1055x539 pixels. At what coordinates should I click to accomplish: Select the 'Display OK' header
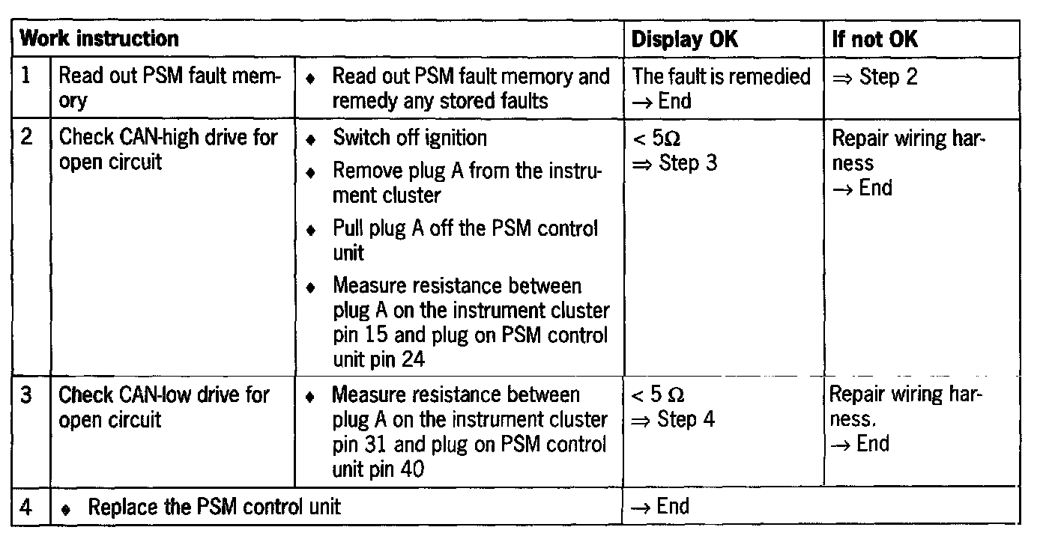coord(684,40)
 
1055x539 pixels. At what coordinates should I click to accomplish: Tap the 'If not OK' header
coord(874,40)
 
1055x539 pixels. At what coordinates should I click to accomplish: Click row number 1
coord(25,76)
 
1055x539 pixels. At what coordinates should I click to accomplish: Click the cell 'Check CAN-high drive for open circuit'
coord(168,150)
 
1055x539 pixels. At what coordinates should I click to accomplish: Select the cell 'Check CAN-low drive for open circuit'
coord(163,406)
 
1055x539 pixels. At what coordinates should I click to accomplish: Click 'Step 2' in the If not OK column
coord(888,76)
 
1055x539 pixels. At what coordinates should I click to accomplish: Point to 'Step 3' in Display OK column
coord(687,163)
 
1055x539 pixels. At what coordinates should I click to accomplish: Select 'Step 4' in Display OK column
coord(686,419)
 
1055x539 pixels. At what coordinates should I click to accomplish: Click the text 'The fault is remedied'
coord(722,76)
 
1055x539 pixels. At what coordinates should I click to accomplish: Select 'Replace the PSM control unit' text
coord(214,507)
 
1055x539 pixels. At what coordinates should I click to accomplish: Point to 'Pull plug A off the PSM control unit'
coord(465,240)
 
